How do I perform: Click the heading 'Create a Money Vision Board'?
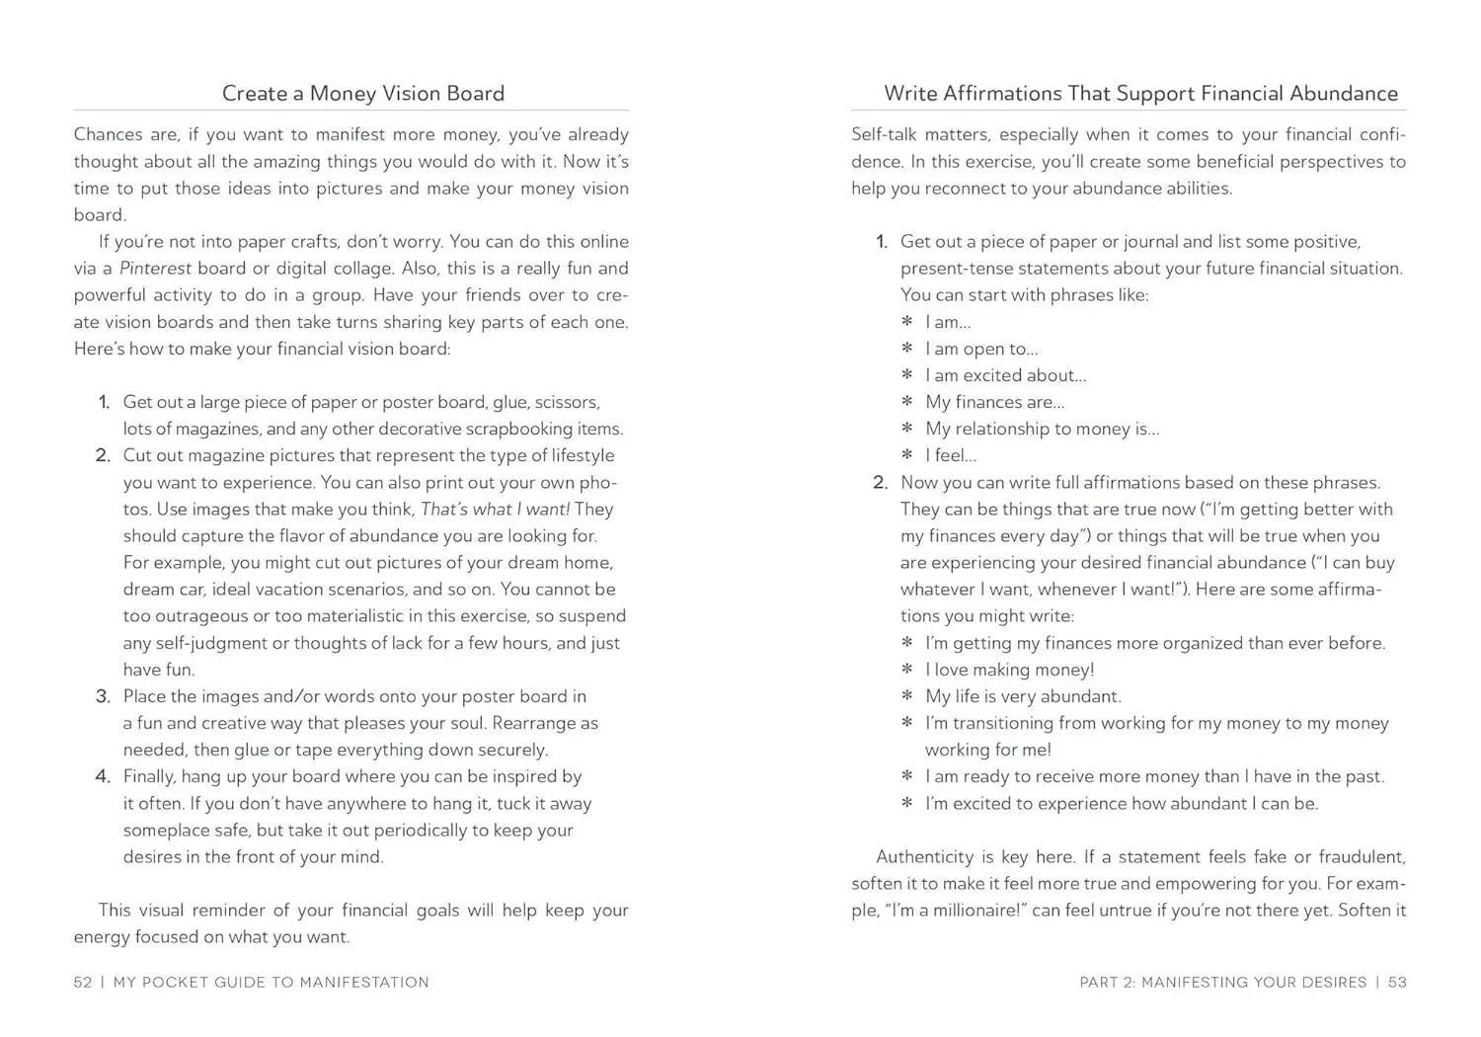pyautogui.click(x=362, y=93)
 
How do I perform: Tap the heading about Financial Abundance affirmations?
pyautogui.click(x=1140, y=93)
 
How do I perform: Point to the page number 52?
pyautogui.click(x=83, y=982)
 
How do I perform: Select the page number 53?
pyautogui.click(x=1397, y=982)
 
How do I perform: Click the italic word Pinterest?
pyautogui.click(x=155, y=269)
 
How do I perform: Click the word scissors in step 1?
pyautogui.click(x=567, y=402)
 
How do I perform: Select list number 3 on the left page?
pyautogui.click(x=103, y=696)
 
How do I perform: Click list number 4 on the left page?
pyautogui.click(x=103, y=776)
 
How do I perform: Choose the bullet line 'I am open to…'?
pyautogui.click(x=980, y=349)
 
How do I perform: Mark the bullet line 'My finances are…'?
pyautogui.click(x=994, y=402)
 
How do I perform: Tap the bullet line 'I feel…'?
pyautogui.click(x=950, y=455)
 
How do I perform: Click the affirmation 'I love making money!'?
pyautogui.click(x=1009, y=670)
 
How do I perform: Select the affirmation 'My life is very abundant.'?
pyautogui.click(x=1023, y=696)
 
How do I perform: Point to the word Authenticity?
pyautogui.click(x=924, y=857)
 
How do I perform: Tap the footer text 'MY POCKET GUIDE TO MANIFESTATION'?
pyautogui.click(x=272, y=982)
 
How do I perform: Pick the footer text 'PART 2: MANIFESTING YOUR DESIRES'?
pyautogui.click(x=1222, y=982)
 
